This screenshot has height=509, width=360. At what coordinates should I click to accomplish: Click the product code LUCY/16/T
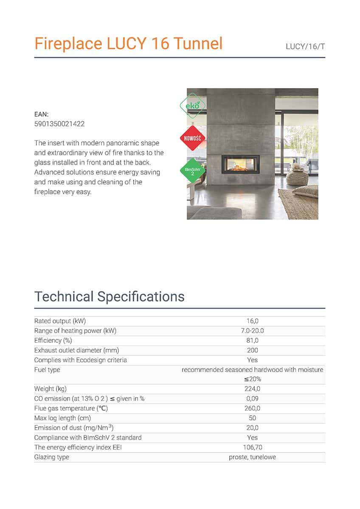305,46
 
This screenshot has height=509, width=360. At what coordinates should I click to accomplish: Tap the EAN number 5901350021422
59,124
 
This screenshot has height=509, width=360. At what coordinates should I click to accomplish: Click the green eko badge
193,104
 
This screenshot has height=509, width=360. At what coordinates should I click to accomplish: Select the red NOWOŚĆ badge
193,138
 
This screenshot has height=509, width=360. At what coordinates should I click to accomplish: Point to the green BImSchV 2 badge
193,171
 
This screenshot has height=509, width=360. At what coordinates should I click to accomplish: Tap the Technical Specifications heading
109,296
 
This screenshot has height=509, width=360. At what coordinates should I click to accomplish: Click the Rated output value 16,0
252,321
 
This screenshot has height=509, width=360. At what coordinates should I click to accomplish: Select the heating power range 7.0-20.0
252,331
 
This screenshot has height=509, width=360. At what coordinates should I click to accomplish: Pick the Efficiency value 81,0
252,341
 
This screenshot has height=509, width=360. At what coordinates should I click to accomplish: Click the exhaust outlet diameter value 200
252,350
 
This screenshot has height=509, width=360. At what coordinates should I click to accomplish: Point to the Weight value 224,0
252,389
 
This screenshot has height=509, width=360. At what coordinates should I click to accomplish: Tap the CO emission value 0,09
252,399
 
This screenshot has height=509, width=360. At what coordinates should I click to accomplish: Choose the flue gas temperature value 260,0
252,408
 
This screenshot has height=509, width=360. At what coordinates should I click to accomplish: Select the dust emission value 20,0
252,428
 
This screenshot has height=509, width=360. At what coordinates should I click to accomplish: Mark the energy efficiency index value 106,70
252,447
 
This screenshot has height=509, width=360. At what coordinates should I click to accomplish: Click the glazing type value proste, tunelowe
252,457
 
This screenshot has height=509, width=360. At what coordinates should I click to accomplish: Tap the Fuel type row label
47,370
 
